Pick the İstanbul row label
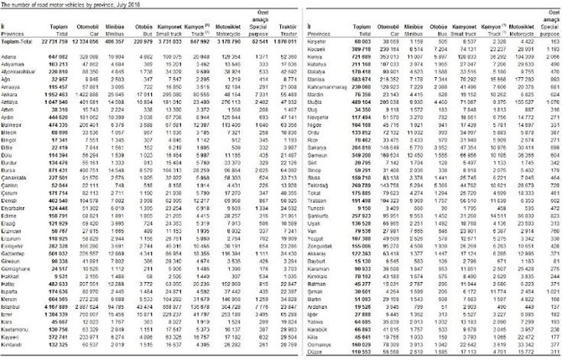click(13, 308)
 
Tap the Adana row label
click(12, 53)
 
